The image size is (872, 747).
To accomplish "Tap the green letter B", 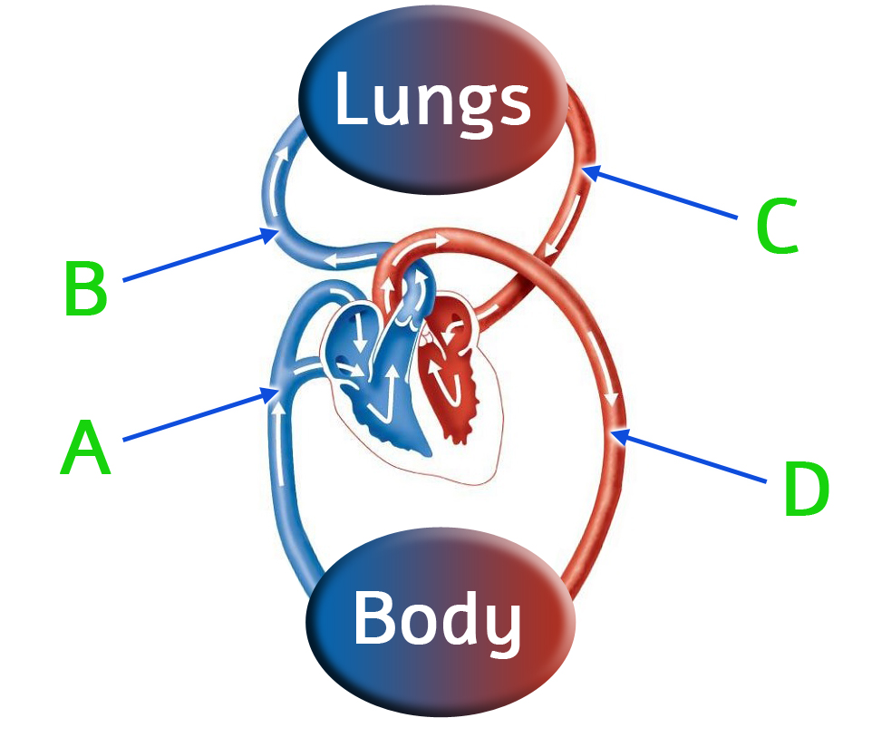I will pyautogui.click(x=85, y=289).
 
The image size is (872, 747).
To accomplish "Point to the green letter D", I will pyautogui.click(x=805, y=490).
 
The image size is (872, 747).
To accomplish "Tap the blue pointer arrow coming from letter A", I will pyautogui.click(x=199, y=416).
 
